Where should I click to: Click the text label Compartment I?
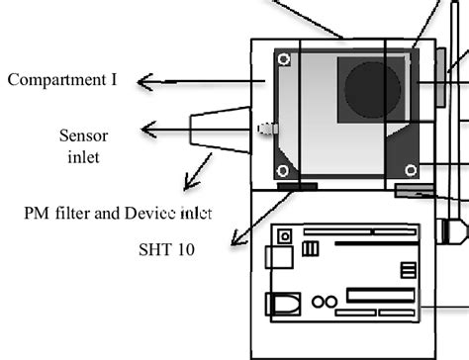tap(60, 80)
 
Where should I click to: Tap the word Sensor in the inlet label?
tap(83, 135)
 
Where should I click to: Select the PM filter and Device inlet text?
tap(118, 212)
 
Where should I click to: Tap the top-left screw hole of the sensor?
tap(284, 61)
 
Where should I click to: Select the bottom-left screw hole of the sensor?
tap(284, 168)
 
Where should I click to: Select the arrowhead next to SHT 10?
tap(234, 241)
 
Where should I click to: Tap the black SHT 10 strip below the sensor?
tap(297, 185)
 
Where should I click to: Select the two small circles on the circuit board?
tap(325, 301)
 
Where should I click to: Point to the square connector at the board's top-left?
tap(285, 237)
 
